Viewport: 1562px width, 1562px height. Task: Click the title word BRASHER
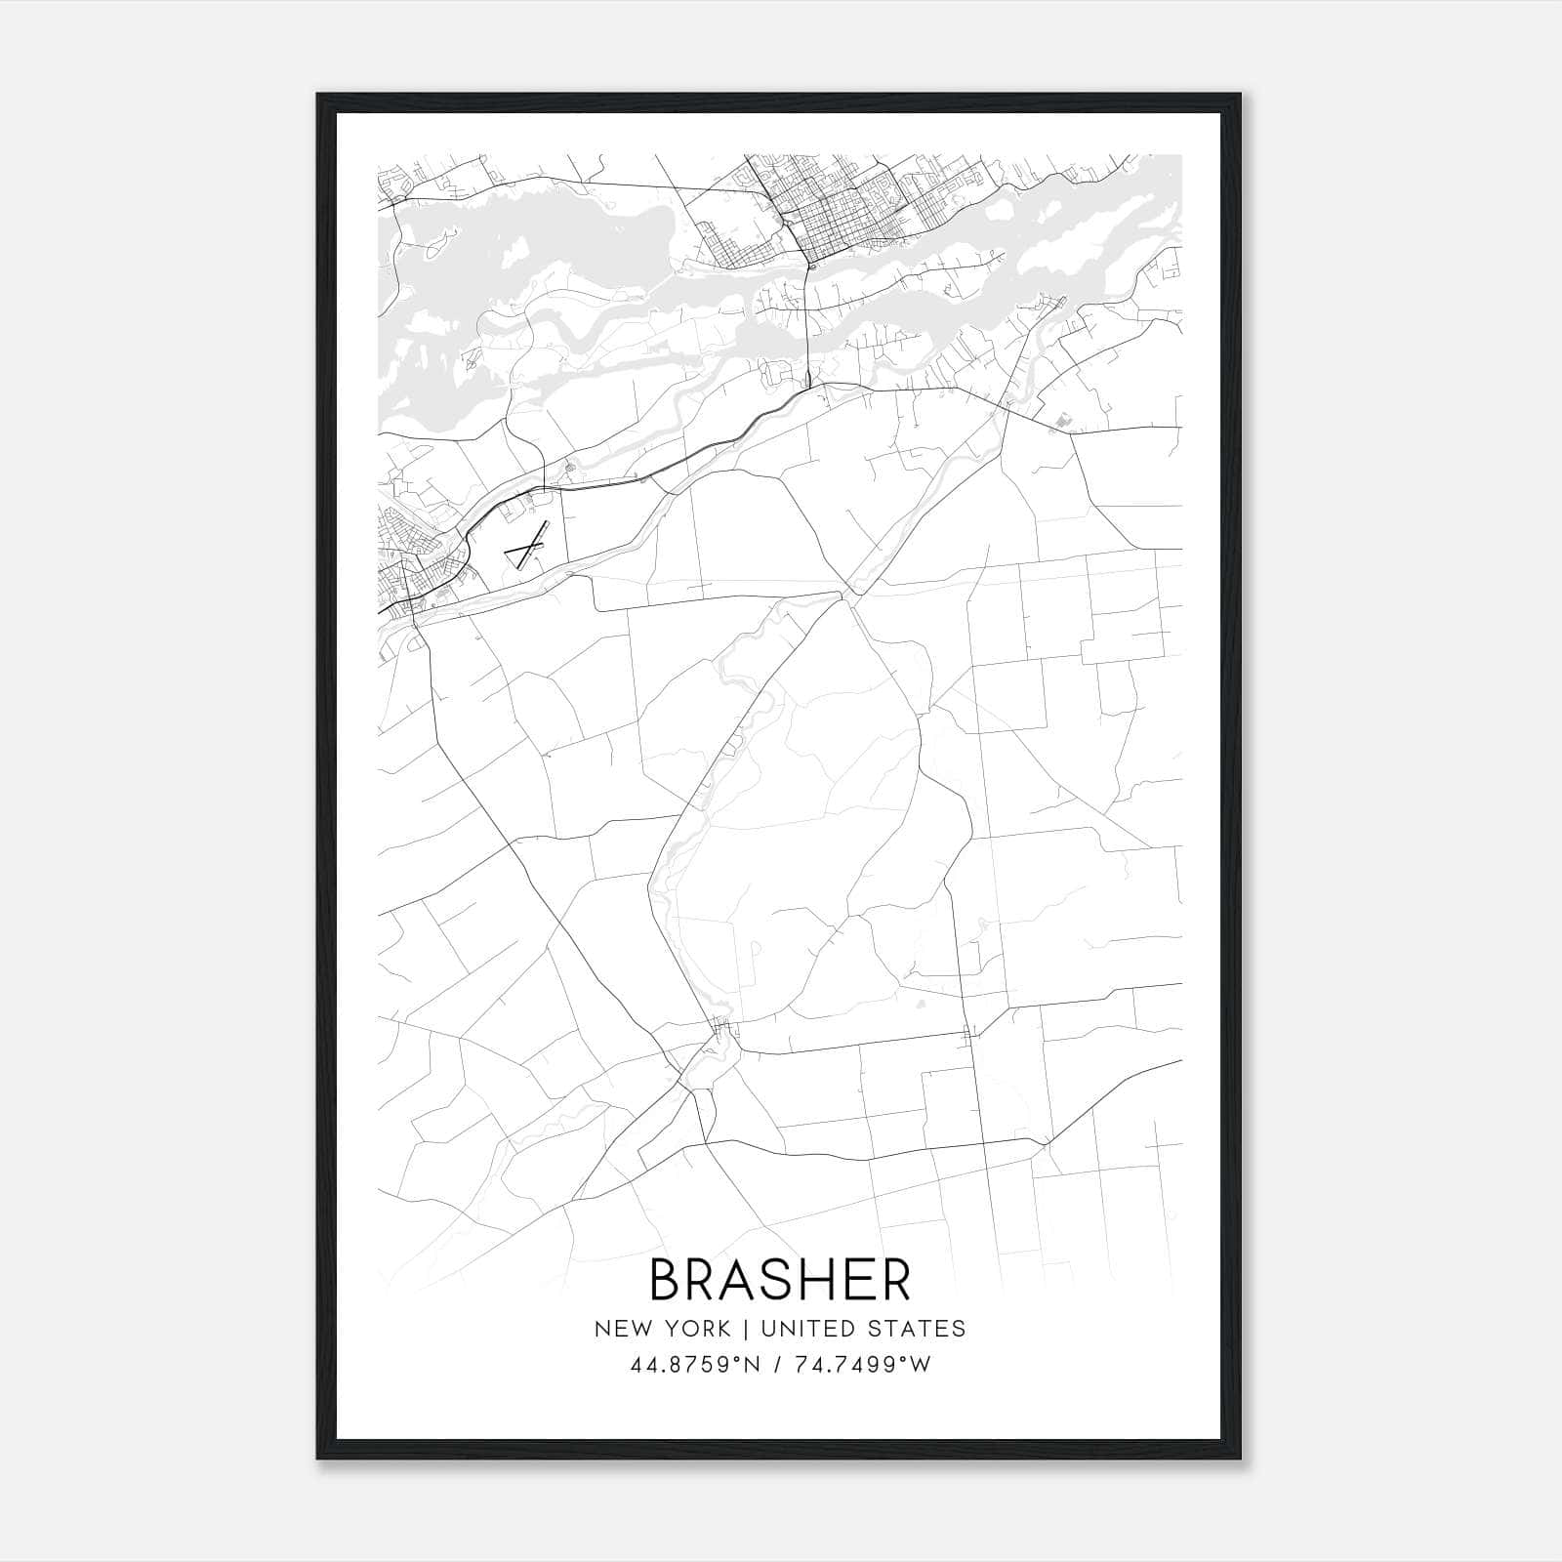click(780, 1280)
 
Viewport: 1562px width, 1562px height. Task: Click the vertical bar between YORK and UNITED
click(745, 1329)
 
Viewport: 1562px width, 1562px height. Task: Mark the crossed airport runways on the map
click(525, 550)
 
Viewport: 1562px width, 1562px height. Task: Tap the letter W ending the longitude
click(922, 1365)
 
